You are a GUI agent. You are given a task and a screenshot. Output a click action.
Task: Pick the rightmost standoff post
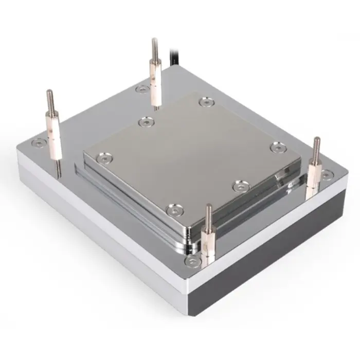coord(314,170)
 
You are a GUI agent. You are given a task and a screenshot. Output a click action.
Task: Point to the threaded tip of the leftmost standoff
coord(50,98)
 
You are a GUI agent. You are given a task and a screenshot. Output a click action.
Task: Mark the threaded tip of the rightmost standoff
coord(316,144)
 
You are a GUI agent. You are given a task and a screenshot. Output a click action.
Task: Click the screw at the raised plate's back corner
coord(206,102)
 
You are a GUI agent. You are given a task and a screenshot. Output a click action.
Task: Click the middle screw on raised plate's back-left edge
coord(146,123)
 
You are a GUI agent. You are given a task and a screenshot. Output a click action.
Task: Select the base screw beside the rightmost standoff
coord(327,175)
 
